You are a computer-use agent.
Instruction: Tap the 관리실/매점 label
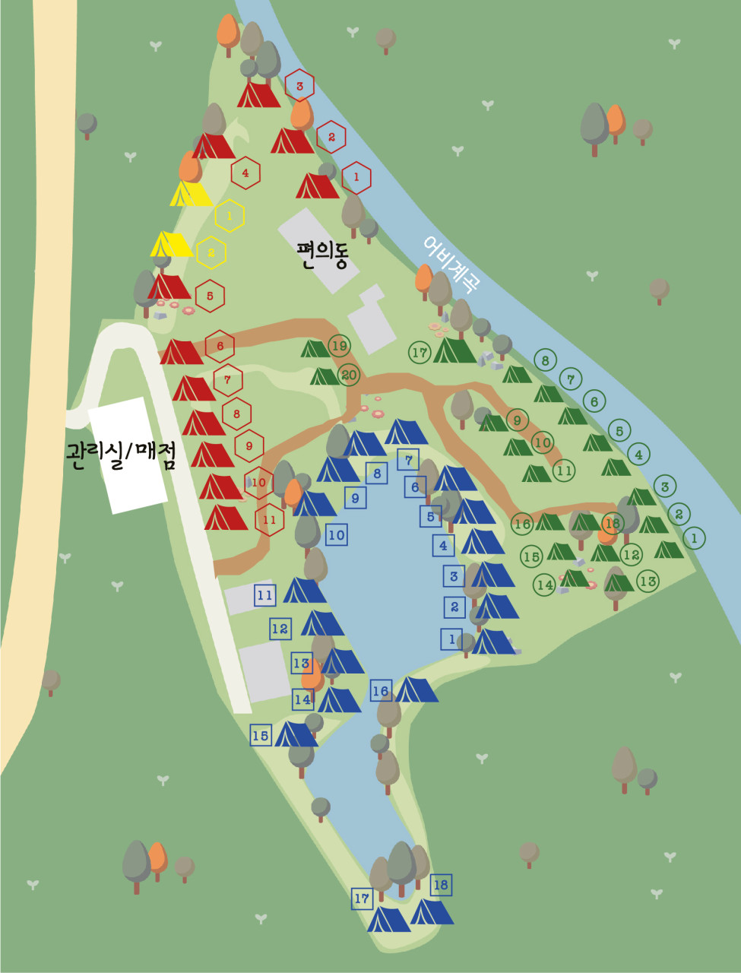pos(122,454)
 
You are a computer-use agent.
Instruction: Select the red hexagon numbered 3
pos(299,86)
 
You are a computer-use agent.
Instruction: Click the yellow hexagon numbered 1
pos(229,217)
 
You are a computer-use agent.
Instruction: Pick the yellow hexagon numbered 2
pos(211,253)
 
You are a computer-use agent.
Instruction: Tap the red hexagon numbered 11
pos(269,520)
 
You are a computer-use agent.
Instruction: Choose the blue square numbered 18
pos(440,885)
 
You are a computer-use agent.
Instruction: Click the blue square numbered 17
pos(362,899)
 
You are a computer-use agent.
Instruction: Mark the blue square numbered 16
pos(380,691)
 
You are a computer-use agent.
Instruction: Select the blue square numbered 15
pos(261,735)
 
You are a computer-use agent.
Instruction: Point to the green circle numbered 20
pos(348,375)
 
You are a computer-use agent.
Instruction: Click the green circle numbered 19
pos(339,347)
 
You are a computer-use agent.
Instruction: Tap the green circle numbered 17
pos(420,352)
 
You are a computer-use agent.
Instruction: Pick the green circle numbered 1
pos(693,538)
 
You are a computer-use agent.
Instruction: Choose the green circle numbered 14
pos(544,585)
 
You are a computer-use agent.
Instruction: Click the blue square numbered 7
pos(408,460)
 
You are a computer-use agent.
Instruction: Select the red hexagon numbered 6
pos(220,347)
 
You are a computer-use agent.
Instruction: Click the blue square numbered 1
pos(451,639)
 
